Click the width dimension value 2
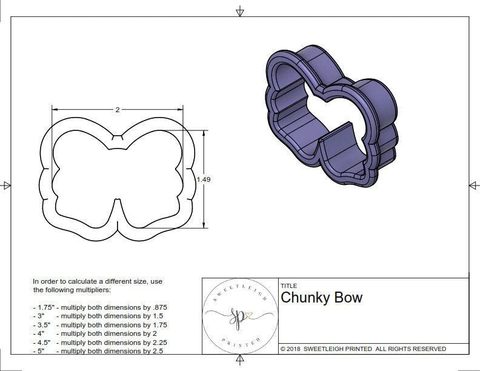pyautogui.click(x=117, y=110)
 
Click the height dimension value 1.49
pyautogui.click(x=204, y=179)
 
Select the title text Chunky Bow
pyautogui.click(x=321, y=298)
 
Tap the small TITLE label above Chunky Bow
pyautogui.click(x=288, y=286)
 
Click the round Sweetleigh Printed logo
pyautogui.click(x=240, y=316)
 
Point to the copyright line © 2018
pyautogui.click(x=363, y=349)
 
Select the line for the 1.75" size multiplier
pyautogui.click(x=99, y=307)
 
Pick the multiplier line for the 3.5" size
pyautogui.click(x=99, y=325)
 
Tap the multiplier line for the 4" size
pyautogui.click(x=95, y=333)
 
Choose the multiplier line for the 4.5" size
pyautogui.click(x=99, y=343)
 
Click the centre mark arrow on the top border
pyautogui.click(x=240, y=11)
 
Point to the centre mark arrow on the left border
pyautogui.click(x=6, y=185)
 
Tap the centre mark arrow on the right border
pyautogui.click(x=473, y=185)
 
